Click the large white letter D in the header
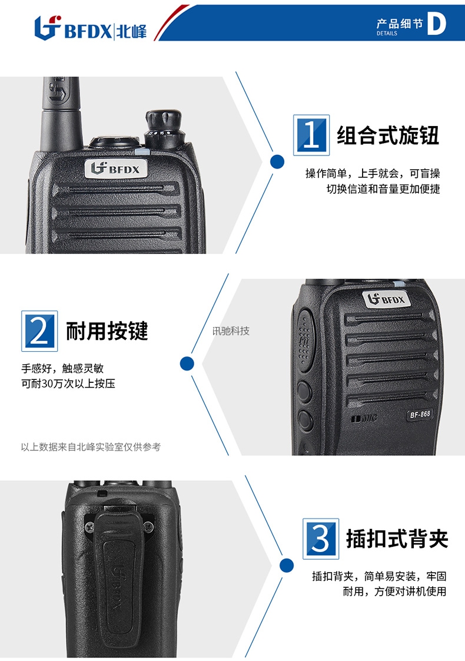436,24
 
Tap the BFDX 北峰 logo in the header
91,28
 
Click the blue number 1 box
311,135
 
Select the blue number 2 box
39,331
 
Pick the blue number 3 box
321,538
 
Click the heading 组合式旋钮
388,135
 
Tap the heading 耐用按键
107,331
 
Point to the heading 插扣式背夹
397,538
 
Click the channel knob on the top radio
164,129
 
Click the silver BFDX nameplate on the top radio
116,169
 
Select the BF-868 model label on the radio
420,414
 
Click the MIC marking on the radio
364,419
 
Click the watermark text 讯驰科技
231,331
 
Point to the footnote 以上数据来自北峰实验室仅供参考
91,447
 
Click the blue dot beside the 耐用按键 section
187,363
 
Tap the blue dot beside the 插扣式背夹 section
287,566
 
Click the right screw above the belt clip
148,527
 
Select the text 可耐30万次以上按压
68,384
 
